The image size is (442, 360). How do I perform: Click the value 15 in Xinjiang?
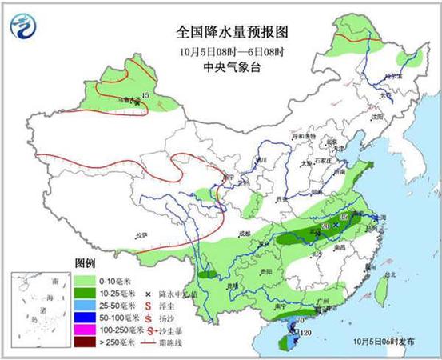click(x=145, y=97)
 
